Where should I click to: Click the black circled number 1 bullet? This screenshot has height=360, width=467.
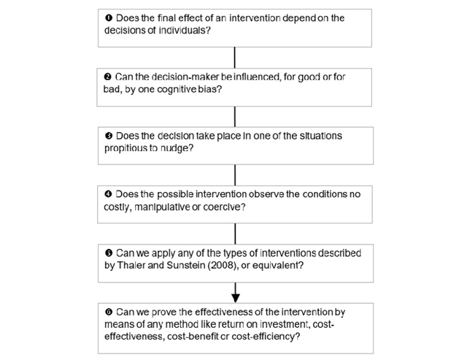pyautogui.click(x=109, y=18)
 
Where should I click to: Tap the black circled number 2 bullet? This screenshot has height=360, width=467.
pyautogui.click(x=107, y=77)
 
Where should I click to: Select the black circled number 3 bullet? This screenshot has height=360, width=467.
pyautogui.click(x=109, y=136)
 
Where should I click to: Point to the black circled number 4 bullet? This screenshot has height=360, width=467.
pyautogui.click(x=108, y=194)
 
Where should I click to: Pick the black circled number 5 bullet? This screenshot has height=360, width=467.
pyautogui.click(x=109, y=253)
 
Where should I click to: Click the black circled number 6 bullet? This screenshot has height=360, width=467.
pyautogui.click(x=109, y=312)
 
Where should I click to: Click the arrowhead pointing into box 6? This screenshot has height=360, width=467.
pyautogui.click(x=235, y=299)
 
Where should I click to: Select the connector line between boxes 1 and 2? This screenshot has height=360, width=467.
pyautogui.click(x=235, y=58)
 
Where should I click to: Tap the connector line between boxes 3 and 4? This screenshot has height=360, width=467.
pyautogui.click(x=235, y=175)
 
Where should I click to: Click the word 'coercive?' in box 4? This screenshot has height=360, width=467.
pyautogui.click(x=224, y=207)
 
